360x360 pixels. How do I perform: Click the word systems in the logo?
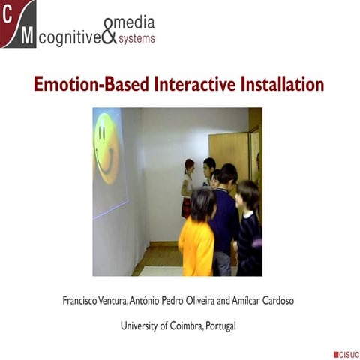136,39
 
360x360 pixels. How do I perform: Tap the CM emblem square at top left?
18,25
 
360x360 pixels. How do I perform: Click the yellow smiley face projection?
106,148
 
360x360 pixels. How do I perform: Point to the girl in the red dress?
187,187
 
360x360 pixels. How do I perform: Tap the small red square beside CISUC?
335,352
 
